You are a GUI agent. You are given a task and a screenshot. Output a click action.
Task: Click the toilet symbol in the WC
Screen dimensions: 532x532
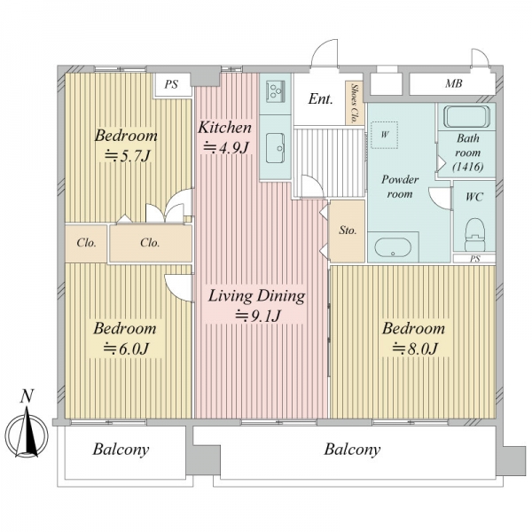(474, 235)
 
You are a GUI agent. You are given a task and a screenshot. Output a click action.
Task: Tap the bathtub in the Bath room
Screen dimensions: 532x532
(467, 116)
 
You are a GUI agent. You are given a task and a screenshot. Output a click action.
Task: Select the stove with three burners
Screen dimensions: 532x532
(275, 90)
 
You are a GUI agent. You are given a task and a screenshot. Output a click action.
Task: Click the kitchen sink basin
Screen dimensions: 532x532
(275, 148)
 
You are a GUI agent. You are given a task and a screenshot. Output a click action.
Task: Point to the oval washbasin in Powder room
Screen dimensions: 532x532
(393, 247)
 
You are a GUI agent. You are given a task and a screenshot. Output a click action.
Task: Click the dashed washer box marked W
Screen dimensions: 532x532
(384, 135)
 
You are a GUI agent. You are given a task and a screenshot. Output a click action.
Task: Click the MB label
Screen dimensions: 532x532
(454, 83)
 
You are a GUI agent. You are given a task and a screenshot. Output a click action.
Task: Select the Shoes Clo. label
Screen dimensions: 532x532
(354, 103)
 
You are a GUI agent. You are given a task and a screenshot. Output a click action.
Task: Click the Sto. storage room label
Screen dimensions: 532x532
(348, 231)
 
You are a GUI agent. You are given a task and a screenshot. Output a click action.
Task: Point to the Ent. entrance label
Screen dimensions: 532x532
(321, 98)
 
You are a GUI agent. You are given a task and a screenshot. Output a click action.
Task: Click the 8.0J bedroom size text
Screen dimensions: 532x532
(415, 348)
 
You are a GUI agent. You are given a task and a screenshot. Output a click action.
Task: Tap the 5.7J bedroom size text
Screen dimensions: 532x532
(127, 156)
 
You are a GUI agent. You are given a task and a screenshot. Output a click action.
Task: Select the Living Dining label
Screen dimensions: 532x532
(256, 296)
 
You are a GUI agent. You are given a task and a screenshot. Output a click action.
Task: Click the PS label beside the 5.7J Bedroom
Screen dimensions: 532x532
(171, 84)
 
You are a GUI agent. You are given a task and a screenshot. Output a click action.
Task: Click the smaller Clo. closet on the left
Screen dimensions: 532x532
(86, 243)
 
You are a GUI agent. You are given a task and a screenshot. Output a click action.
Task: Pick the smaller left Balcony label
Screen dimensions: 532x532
(121, 450)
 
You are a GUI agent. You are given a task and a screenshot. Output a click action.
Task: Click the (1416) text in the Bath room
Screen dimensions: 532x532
(468, 167)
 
